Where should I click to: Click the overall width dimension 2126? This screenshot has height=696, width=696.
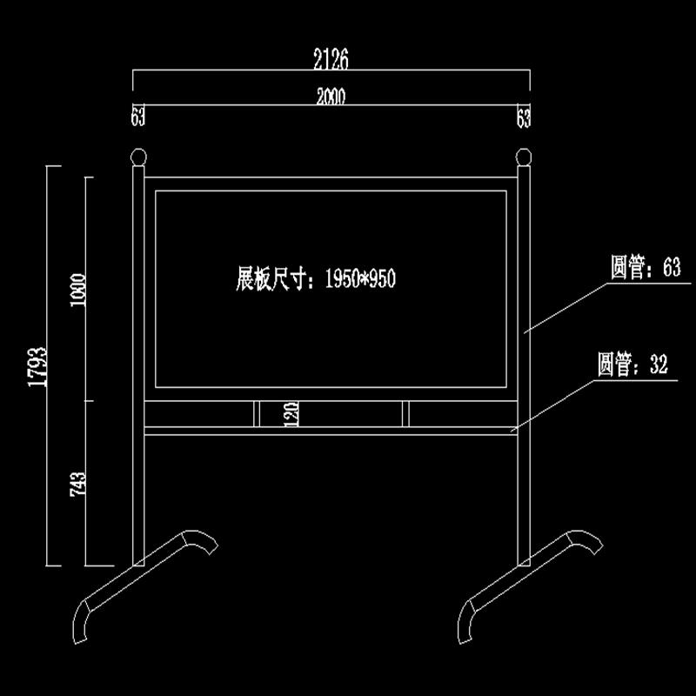click(330, 59)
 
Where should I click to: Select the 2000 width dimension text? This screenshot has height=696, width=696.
click(331, 97)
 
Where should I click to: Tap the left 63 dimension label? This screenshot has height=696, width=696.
click(137, 117)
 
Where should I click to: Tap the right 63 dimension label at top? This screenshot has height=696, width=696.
click(523, 117)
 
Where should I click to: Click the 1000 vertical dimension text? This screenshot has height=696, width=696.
click(80, 291)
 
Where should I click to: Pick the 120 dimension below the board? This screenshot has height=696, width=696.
click(292, 414)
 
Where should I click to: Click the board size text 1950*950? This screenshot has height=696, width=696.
click(359, 279)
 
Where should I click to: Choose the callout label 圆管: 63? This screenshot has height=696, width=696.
click(645, 269)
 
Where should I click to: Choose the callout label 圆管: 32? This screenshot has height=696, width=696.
click(632, 365)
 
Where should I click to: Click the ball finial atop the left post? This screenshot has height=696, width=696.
click(138, 158)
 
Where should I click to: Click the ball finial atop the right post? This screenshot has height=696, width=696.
click(523, 158)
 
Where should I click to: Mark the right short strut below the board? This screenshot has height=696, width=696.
click(406, 414)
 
